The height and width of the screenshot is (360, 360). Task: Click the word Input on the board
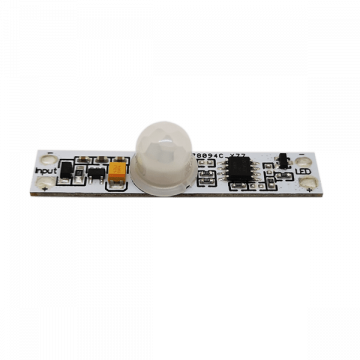click(x=46, y=171)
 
